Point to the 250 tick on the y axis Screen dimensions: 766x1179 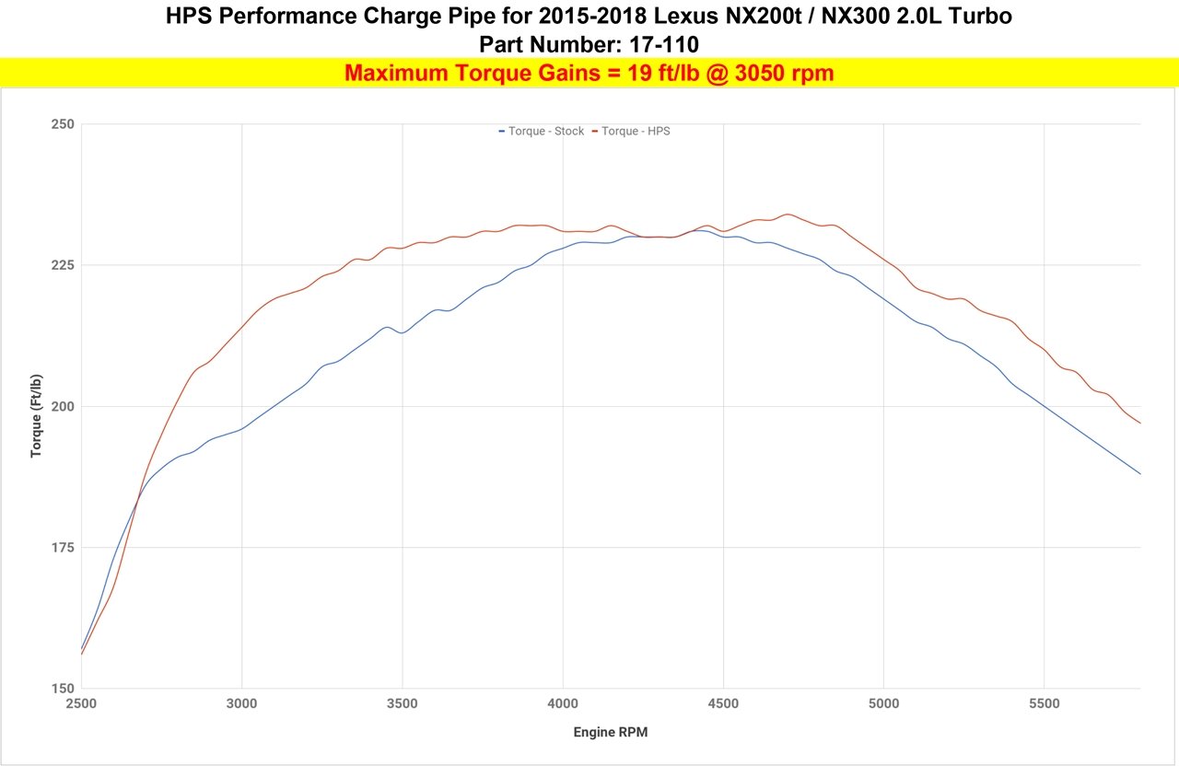pos(62,124)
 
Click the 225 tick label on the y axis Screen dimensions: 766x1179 pos(62,265)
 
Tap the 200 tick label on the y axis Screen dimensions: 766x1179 pos(62,406)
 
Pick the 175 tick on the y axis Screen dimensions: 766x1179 pos(62,548)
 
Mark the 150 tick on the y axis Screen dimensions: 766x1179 pos(62,689)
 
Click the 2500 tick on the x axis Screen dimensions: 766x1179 pos(81,704)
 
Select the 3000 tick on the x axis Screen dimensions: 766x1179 pos(241,704)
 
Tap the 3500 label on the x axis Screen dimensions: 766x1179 pos(402,704)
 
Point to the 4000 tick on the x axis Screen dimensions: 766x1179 pos(563,704)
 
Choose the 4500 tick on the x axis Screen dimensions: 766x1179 pos(723,704)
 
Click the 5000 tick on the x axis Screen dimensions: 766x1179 pos(883,704)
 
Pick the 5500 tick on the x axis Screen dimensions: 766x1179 pos(1044,704)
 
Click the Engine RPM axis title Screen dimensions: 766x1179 pos(611,732)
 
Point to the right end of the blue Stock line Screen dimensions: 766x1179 pos(1139,473)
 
